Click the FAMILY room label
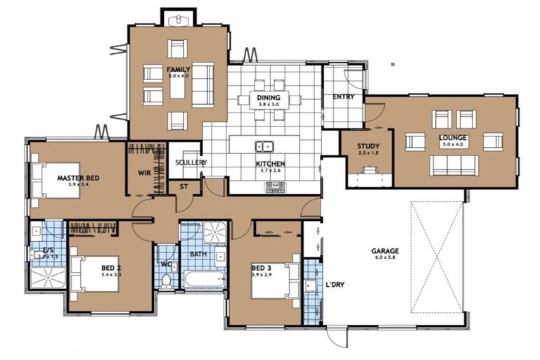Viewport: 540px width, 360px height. tap(177, 70)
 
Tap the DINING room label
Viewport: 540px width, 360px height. tap(268, 98)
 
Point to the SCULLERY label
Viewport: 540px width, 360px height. tap(191, 162)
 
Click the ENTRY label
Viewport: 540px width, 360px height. tap(343, 97)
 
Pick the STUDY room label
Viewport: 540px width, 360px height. tap(368, 146)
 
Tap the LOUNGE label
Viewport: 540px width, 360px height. tap(454, 138)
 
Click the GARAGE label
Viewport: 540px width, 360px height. tap(385, 251)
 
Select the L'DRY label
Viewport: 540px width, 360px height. tap(335, 285)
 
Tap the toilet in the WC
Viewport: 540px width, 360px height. tap(166, 281)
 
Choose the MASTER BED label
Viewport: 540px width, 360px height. tap(78, 178)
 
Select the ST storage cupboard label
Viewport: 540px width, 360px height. tap(184, 187)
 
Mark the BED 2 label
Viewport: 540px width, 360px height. tap(111, 268)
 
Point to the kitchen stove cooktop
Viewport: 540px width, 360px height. tap(275, 187)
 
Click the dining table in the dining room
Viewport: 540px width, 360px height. tap(268, 99)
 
